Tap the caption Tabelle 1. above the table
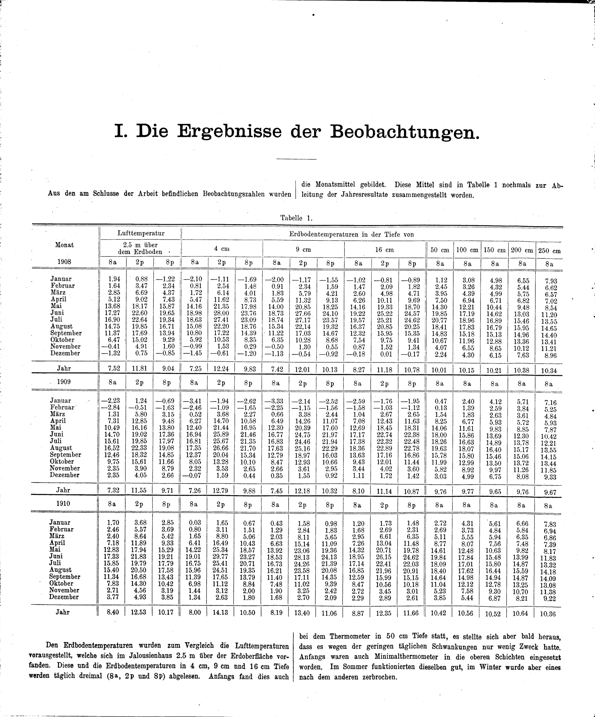(x=296, y=218)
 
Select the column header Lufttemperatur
(x=140, y=234)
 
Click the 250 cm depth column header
(x=549, y=251)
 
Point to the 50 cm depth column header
(x=440, y=250)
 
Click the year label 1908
(x=64, y=262)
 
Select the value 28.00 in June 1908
(x=221, y=313)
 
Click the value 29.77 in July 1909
(x=221, y=441)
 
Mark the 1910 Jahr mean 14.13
(x=220, y=612)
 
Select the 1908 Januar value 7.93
(x=551, y=281)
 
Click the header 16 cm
(x=384, y=250)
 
